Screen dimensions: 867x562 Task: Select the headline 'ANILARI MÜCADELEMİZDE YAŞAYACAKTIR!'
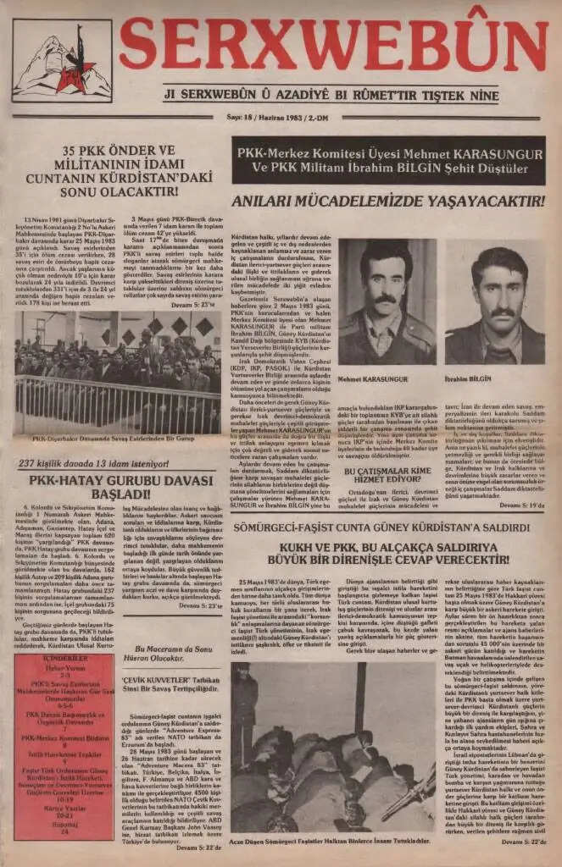390,202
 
